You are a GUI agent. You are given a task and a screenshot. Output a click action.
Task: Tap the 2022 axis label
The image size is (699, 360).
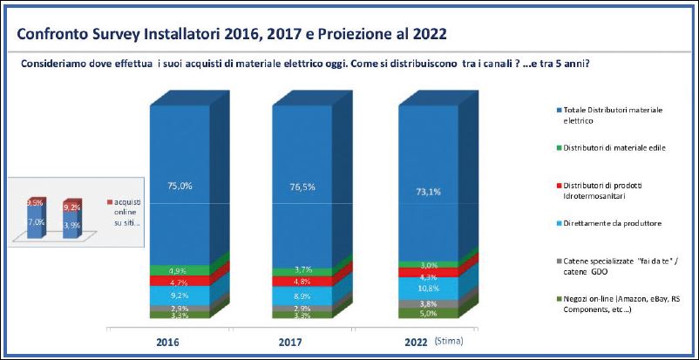(x=414, y=344)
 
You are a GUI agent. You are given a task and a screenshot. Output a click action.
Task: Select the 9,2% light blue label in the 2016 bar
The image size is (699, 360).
(x=180, y=295)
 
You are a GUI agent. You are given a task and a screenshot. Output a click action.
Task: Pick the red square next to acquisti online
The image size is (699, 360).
(x=108, y=201)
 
